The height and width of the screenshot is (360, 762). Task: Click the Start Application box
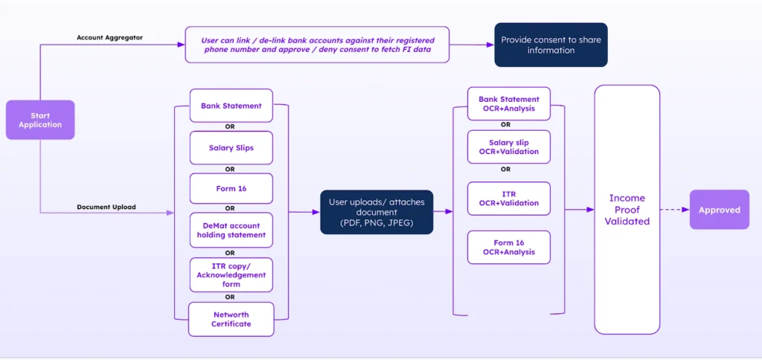[40, 120]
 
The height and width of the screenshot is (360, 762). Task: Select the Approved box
[719, 210]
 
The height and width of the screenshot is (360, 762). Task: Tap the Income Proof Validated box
[627, 210]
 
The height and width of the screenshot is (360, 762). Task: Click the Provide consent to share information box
[551, 45]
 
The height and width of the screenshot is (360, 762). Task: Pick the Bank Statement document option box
[231, 106]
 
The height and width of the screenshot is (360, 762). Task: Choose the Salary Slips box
[231, 148]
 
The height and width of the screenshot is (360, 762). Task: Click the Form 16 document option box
[231, 188]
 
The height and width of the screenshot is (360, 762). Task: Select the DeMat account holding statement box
[231, 230]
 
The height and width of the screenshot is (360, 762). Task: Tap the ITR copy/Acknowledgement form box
[231, 274]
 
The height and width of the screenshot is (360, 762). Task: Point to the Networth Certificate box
[231, 319]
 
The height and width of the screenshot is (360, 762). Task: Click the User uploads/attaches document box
[377, 212]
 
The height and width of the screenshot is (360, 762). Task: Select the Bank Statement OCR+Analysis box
[509, 104]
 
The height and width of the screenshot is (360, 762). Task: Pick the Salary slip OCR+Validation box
[509, 147]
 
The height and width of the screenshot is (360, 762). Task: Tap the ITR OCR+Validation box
[509, 199]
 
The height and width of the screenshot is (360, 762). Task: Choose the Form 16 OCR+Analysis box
[509, 247]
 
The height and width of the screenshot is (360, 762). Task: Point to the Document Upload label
[106, 207]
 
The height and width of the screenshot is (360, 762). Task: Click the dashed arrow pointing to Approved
[674, 210]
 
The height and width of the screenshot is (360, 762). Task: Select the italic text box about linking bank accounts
[318, 45]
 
